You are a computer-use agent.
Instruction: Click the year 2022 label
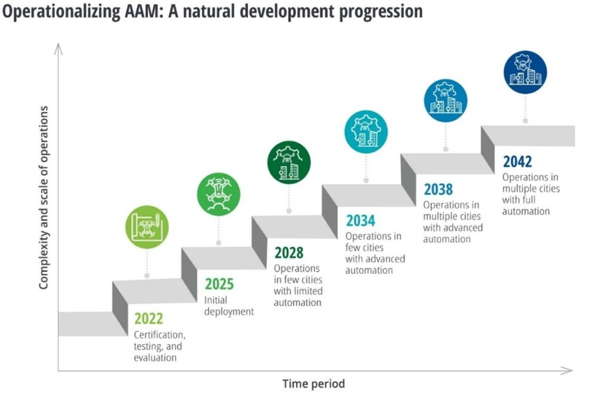tap(149, 319)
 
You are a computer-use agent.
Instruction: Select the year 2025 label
tap(219, 284)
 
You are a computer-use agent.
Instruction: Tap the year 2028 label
tap(289, 253)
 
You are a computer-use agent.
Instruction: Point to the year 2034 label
tap(360, 221)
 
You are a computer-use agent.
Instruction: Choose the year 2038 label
tap(439, 189)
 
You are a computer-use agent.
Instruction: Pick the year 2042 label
tap(517, 161)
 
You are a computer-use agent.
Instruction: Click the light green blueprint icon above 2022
tap(147, 227)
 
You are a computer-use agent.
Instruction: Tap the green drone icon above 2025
tap(218, 195)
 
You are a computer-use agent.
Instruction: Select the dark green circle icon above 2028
tap(289, 162)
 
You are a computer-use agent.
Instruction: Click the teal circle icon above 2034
tap(366, 132)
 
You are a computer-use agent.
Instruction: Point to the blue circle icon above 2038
tap(445, 100)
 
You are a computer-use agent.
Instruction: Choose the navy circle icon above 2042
tap(525, 72)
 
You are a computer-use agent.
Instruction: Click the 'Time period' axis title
tap(314, 384)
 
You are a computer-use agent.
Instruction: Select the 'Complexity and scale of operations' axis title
tap(44, 197)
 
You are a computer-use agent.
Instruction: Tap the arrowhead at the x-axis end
tap(567, 371)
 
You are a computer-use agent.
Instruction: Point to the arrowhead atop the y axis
tap(58, 49)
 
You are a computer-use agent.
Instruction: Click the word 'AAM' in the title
tap(143, 11)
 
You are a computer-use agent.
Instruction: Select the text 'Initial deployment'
tap(229, 305)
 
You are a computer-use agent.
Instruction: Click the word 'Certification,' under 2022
tap(160, 335)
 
